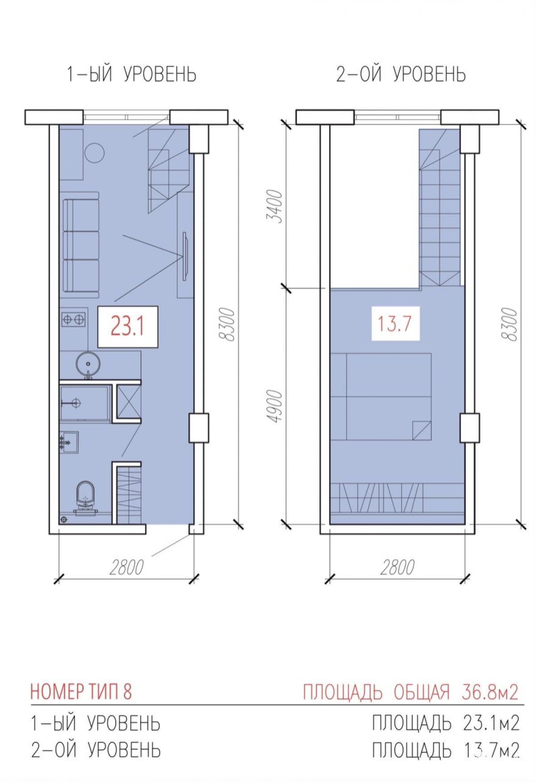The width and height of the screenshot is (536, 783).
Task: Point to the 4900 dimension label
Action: (276, 406)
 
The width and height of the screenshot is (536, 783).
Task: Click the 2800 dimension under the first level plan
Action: (126, 567)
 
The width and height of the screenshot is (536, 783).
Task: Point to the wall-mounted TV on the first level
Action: (184, 256)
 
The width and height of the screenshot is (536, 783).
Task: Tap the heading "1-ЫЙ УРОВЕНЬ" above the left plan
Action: (131, 75)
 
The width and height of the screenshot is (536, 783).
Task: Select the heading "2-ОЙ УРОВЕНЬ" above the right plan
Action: (401, 75)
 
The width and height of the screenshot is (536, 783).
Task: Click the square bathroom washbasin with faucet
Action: (69, 442)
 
